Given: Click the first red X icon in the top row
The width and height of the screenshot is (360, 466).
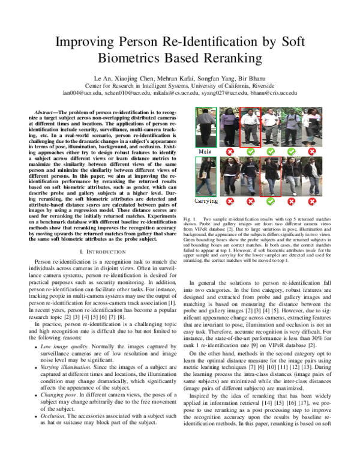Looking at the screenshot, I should coord(230,153).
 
